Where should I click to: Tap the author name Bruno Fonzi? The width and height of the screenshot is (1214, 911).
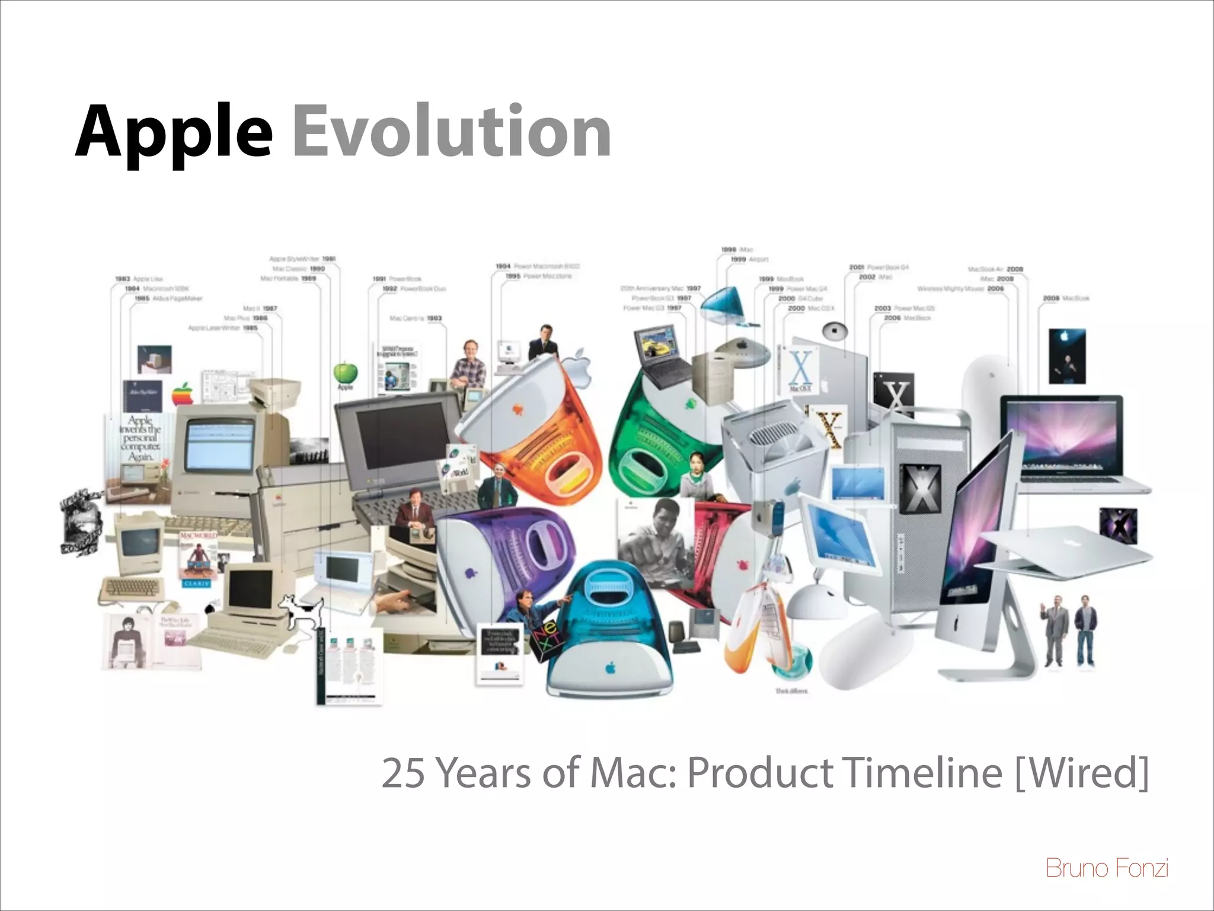pyautogui.click(x=1107, y=868)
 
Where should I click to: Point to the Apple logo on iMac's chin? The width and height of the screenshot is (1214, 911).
pyautogui.click(x=955, y=623)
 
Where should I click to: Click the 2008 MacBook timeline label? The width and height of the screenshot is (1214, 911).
pyautogui.click(x=1066, y=298)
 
